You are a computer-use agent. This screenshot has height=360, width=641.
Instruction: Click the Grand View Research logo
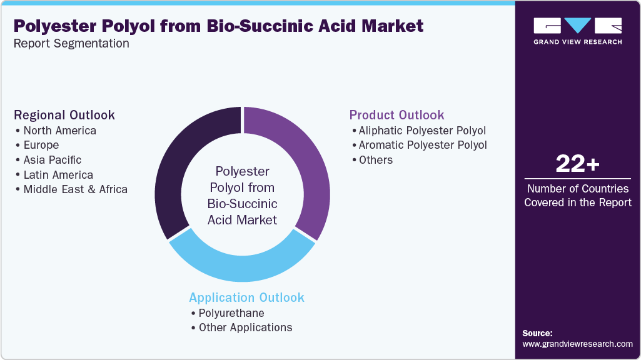[x=577, y=31]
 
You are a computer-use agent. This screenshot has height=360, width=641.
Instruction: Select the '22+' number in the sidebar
[x=577, y=164]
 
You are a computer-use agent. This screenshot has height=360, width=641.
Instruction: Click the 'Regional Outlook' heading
[x=64, y=115]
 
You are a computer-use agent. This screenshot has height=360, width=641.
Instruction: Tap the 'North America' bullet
[x=59, y=131]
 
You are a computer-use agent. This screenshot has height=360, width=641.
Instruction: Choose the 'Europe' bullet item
[x=41, y=145]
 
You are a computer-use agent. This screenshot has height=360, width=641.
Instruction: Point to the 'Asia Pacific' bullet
[x=53, y=160]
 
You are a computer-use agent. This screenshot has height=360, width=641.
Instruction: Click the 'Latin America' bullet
[x=58, y=175]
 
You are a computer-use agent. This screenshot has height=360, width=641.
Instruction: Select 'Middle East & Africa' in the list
[x=75, y=189]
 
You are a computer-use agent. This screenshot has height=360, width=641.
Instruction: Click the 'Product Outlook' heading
[x=396, y=115]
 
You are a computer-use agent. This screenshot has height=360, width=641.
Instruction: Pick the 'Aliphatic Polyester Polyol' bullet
[x=422, y=131]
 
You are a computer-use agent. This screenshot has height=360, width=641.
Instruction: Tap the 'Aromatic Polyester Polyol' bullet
[x=423, y=145]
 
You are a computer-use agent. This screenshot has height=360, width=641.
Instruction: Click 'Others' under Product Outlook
[x=376, y=160]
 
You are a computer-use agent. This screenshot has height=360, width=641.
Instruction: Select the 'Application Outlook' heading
[x=246, y=297]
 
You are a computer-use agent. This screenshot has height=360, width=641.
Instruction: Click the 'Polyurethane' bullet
[x=231, y=313]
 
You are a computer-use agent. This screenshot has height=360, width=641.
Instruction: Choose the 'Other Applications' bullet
[x=245, y=327]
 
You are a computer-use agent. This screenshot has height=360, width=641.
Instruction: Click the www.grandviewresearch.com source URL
[x=577, y=344]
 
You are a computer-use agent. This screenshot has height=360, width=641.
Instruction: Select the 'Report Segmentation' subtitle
[x=71, y=44]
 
